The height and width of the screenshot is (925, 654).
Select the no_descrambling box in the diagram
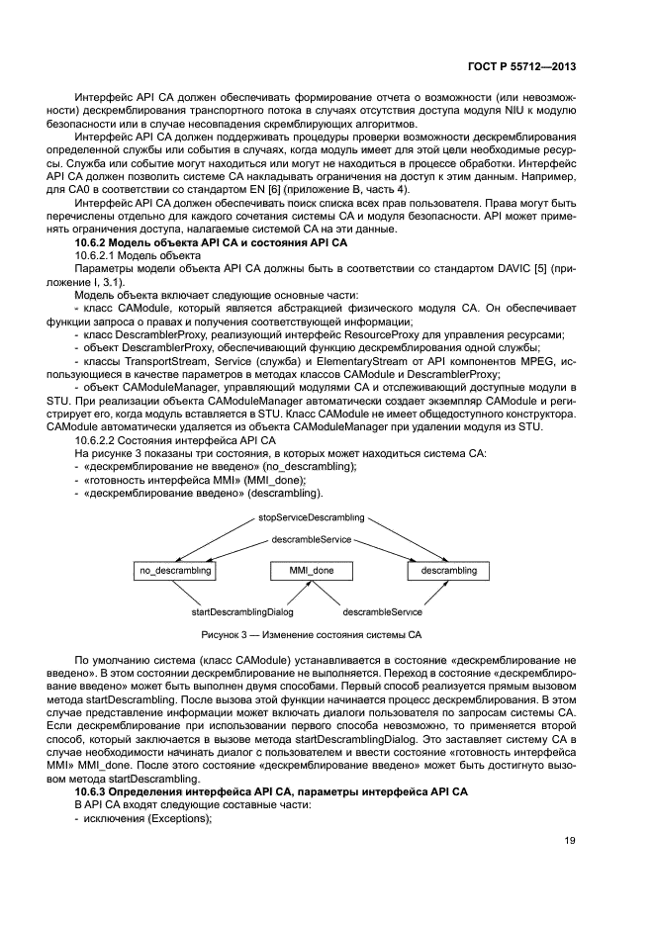point(173,571)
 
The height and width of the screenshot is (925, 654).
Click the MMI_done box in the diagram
point(311,571)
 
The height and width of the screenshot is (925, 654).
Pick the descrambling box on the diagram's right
point(448,571)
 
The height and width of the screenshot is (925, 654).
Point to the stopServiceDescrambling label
point(312,517)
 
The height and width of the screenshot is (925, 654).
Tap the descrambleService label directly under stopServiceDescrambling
point(311,539)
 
